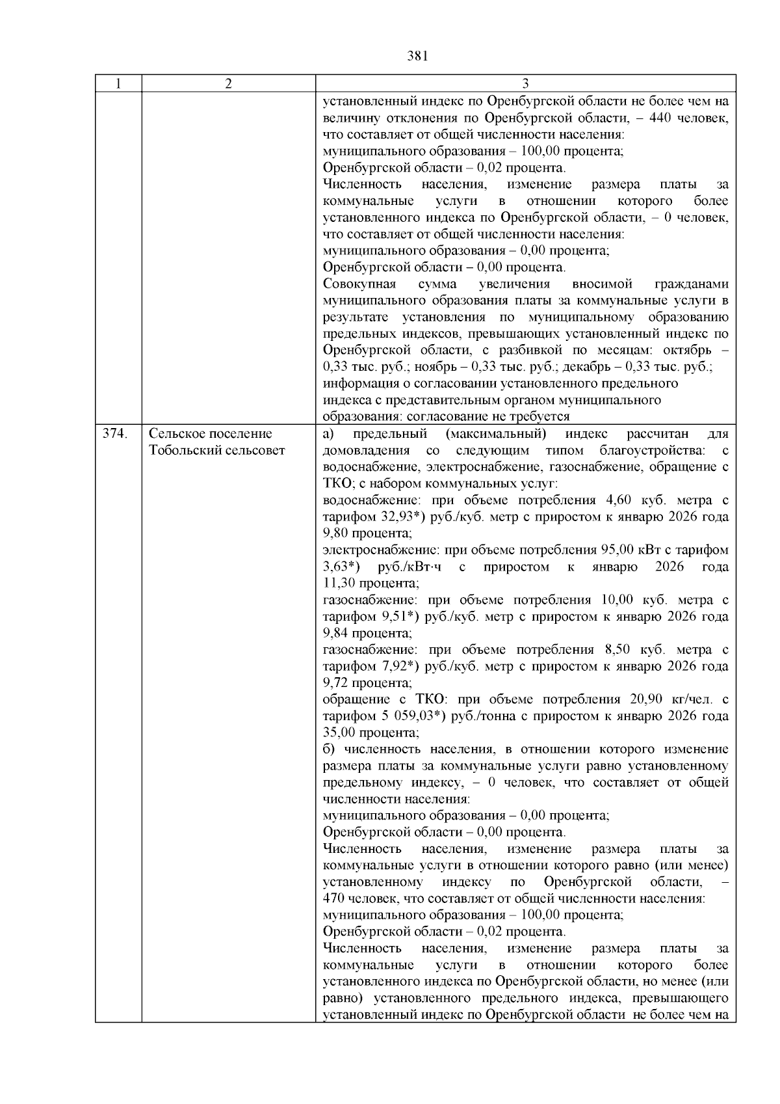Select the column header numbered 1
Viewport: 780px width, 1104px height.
tap(118, 84)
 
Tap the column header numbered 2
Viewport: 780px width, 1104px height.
tap(228, 84)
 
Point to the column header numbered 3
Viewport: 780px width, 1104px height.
tap(525, 84)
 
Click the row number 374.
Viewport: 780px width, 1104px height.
tap(114, 434)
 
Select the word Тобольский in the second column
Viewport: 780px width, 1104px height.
tap(181, 450)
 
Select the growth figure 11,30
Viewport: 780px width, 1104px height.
tap(339, 584)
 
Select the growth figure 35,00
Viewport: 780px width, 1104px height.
tap(339, 733)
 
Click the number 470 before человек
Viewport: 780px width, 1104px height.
tap(333, 898)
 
